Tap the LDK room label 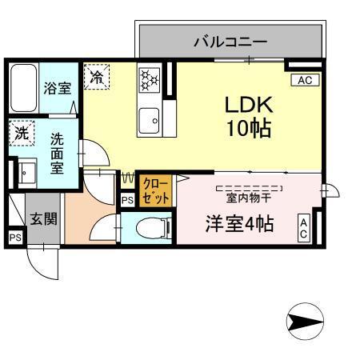[x=249, y=105]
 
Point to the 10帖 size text [x=249, y=127]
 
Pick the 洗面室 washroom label [x=58, y=152]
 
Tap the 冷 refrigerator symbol [x=97, y=78]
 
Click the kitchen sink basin [x=150, y=122]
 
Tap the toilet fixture [x=156, y=227]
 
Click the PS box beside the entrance [x=14, y=238]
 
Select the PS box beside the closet [x=127, y=201]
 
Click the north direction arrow [x=305, y=322]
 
